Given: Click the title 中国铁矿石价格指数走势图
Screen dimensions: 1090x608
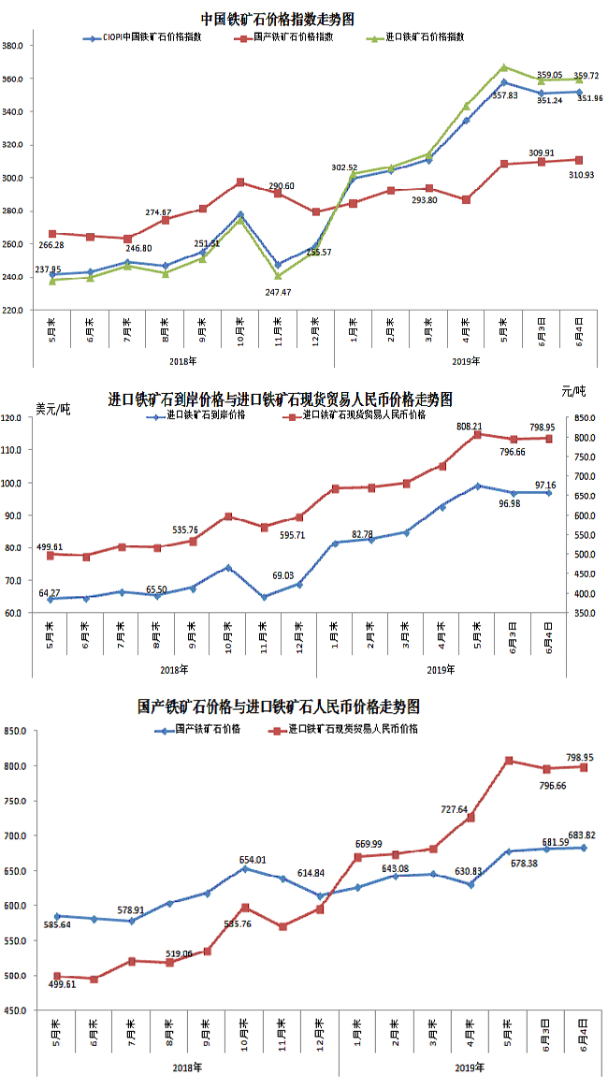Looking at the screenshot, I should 278,19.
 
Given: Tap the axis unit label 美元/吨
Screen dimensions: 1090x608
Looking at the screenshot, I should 52,408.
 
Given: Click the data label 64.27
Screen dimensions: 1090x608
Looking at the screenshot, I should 55,593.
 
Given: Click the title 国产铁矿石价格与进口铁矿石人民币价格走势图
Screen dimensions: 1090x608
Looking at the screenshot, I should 278,705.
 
